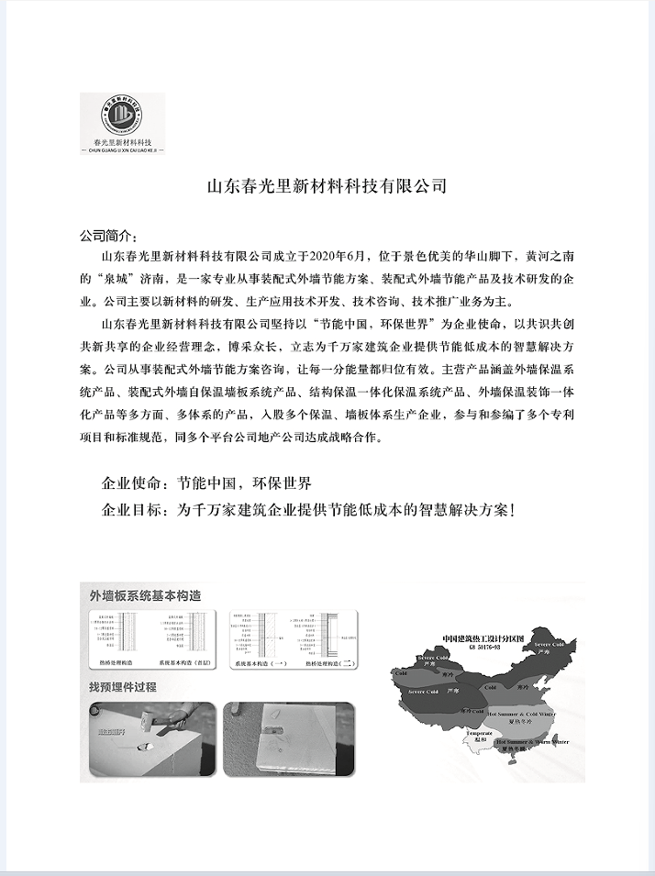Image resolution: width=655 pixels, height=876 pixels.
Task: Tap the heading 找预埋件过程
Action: pyautogui.click(x=123, y=686)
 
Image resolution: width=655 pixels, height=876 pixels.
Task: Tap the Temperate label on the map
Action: pyautogui.click(x=480, y=733)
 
